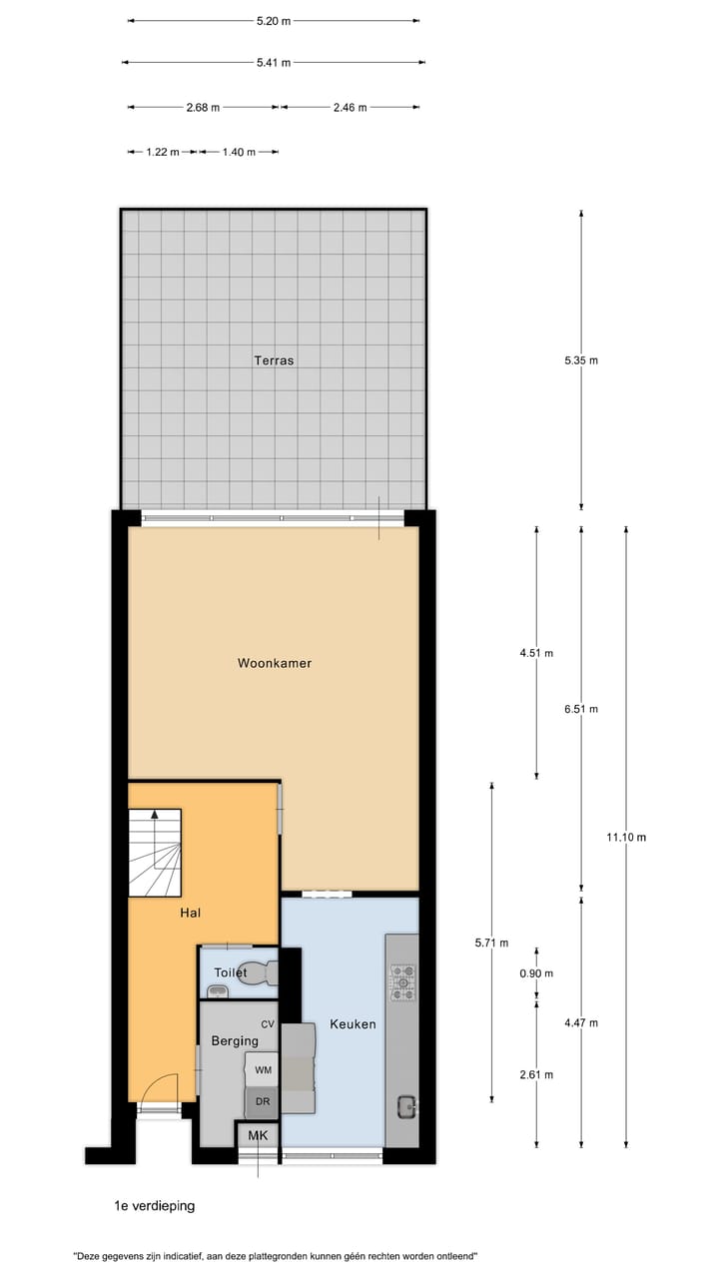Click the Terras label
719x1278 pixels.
coord(274,360)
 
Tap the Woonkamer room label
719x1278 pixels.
coord(275,663)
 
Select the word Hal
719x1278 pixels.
coord(190,913)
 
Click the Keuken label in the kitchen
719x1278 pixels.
coord(353,1024)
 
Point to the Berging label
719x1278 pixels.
coord(235,1041)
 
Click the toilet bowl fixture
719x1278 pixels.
coord(262,971)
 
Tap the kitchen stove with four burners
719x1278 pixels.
coord(402,981)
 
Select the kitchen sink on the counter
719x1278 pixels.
coord(406,1106)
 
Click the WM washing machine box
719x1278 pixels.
coord(263,1070)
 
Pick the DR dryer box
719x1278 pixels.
coord(263,1101)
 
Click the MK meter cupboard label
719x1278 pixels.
coord(259,1136)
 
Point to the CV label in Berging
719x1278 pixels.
coord(267,1024)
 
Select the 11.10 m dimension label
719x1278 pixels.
coord(625,838)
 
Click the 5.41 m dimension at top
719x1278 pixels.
coord(273,63)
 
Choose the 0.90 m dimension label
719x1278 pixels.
coord(537,973)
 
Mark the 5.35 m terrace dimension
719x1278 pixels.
coord(581,360)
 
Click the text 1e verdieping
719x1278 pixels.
coord(155,1206)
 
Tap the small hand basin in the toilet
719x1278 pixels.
coord(219,990)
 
